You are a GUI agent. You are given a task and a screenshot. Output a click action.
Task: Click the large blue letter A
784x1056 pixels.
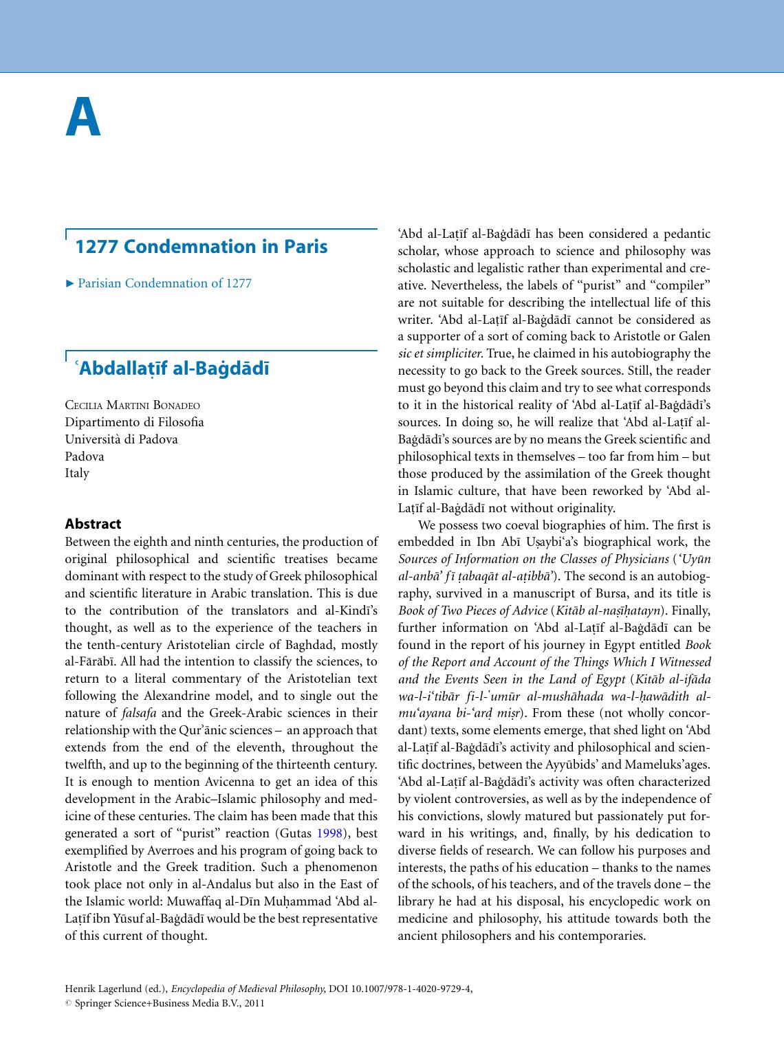point(83,118)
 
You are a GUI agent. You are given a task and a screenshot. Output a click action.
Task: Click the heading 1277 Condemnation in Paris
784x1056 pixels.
point(201,246)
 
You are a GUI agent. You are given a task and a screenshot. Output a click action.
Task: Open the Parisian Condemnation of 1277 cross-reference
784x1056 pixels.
point(164,283)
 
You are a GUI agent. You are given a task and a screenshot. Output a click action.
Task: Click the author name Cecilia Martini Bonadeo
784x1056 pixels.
point(132,405)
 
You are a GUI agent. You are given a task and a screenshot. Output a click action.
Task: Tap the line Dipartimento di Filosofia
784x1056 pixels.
point(134,422)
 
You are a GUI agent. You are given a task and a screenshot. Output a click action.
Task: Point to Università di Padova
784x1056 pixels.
point(121,439)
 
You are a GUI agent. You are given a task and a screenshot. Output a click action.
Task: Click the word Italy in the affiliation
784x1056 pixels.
point(77,472)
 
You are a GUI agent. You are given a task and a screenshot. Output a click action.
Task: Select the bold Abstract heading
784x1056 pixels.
point(93,524)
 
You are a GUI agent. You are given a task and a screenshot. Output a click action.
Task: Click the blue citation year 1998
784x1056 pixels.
point(329,834)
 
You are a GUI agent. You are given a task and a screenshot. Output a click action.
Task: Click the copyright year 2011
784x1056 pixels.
point(254,1003)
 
